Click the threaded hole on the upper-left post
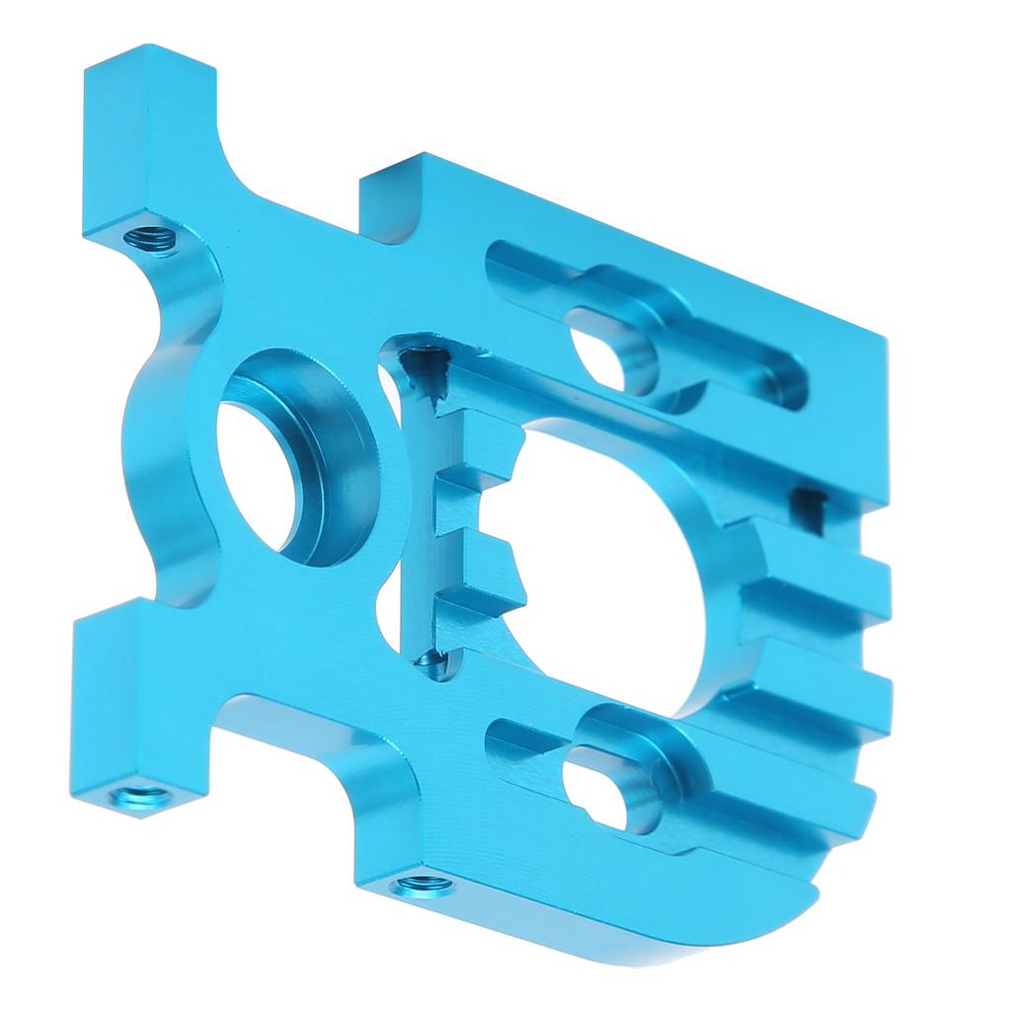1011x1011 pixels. pyautogui.click(x=154, y=237)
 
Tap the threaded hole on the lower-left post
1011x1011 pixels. pyautogui.click(x=138, y=794)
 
